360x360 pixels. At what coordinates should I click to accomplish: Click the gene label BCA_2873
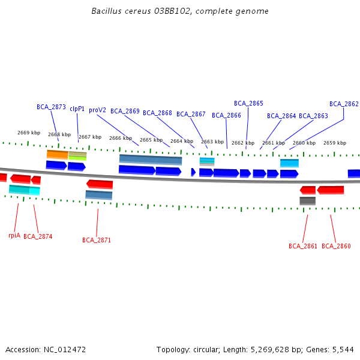pos(51,107)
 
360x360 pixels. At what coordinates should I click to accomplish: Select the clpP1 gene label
pos(77,109)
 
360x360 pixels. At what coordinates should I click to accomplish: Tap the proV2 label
pos(97,110)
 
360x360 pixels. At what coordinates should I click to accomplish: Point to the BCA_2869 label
pos(125,111)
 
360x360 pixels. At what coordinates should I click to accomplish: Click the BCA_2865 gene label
pos(248,103)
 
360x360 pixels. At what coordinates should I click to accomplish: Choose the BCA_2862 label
pos(344,104)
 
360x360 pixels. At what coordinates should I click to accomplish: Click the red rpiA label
pos(14,235)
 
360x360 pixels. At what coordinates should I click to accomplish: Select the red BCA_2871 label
pos(97,240)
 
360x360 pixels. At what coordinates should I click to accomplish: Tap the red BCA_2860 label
pos(336,246)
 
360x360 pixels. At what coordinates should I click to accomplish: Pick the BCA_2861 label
pos(303,246)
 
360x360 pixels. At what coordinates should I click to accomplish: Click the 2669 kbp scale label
pos(29,133)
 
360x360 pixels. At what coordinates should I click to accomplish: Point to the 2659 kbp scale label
pos(335,143)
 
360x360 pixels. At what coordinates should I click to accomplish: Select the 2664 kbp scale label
pos(182,141)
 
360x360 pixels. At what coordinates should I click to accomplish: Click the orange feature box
pos(58,154)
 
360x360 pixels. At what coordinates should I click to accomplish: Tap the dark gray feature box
pos(307,201)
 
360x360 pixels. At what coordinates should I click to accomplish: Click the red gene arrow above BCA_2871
pos(100,184)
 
